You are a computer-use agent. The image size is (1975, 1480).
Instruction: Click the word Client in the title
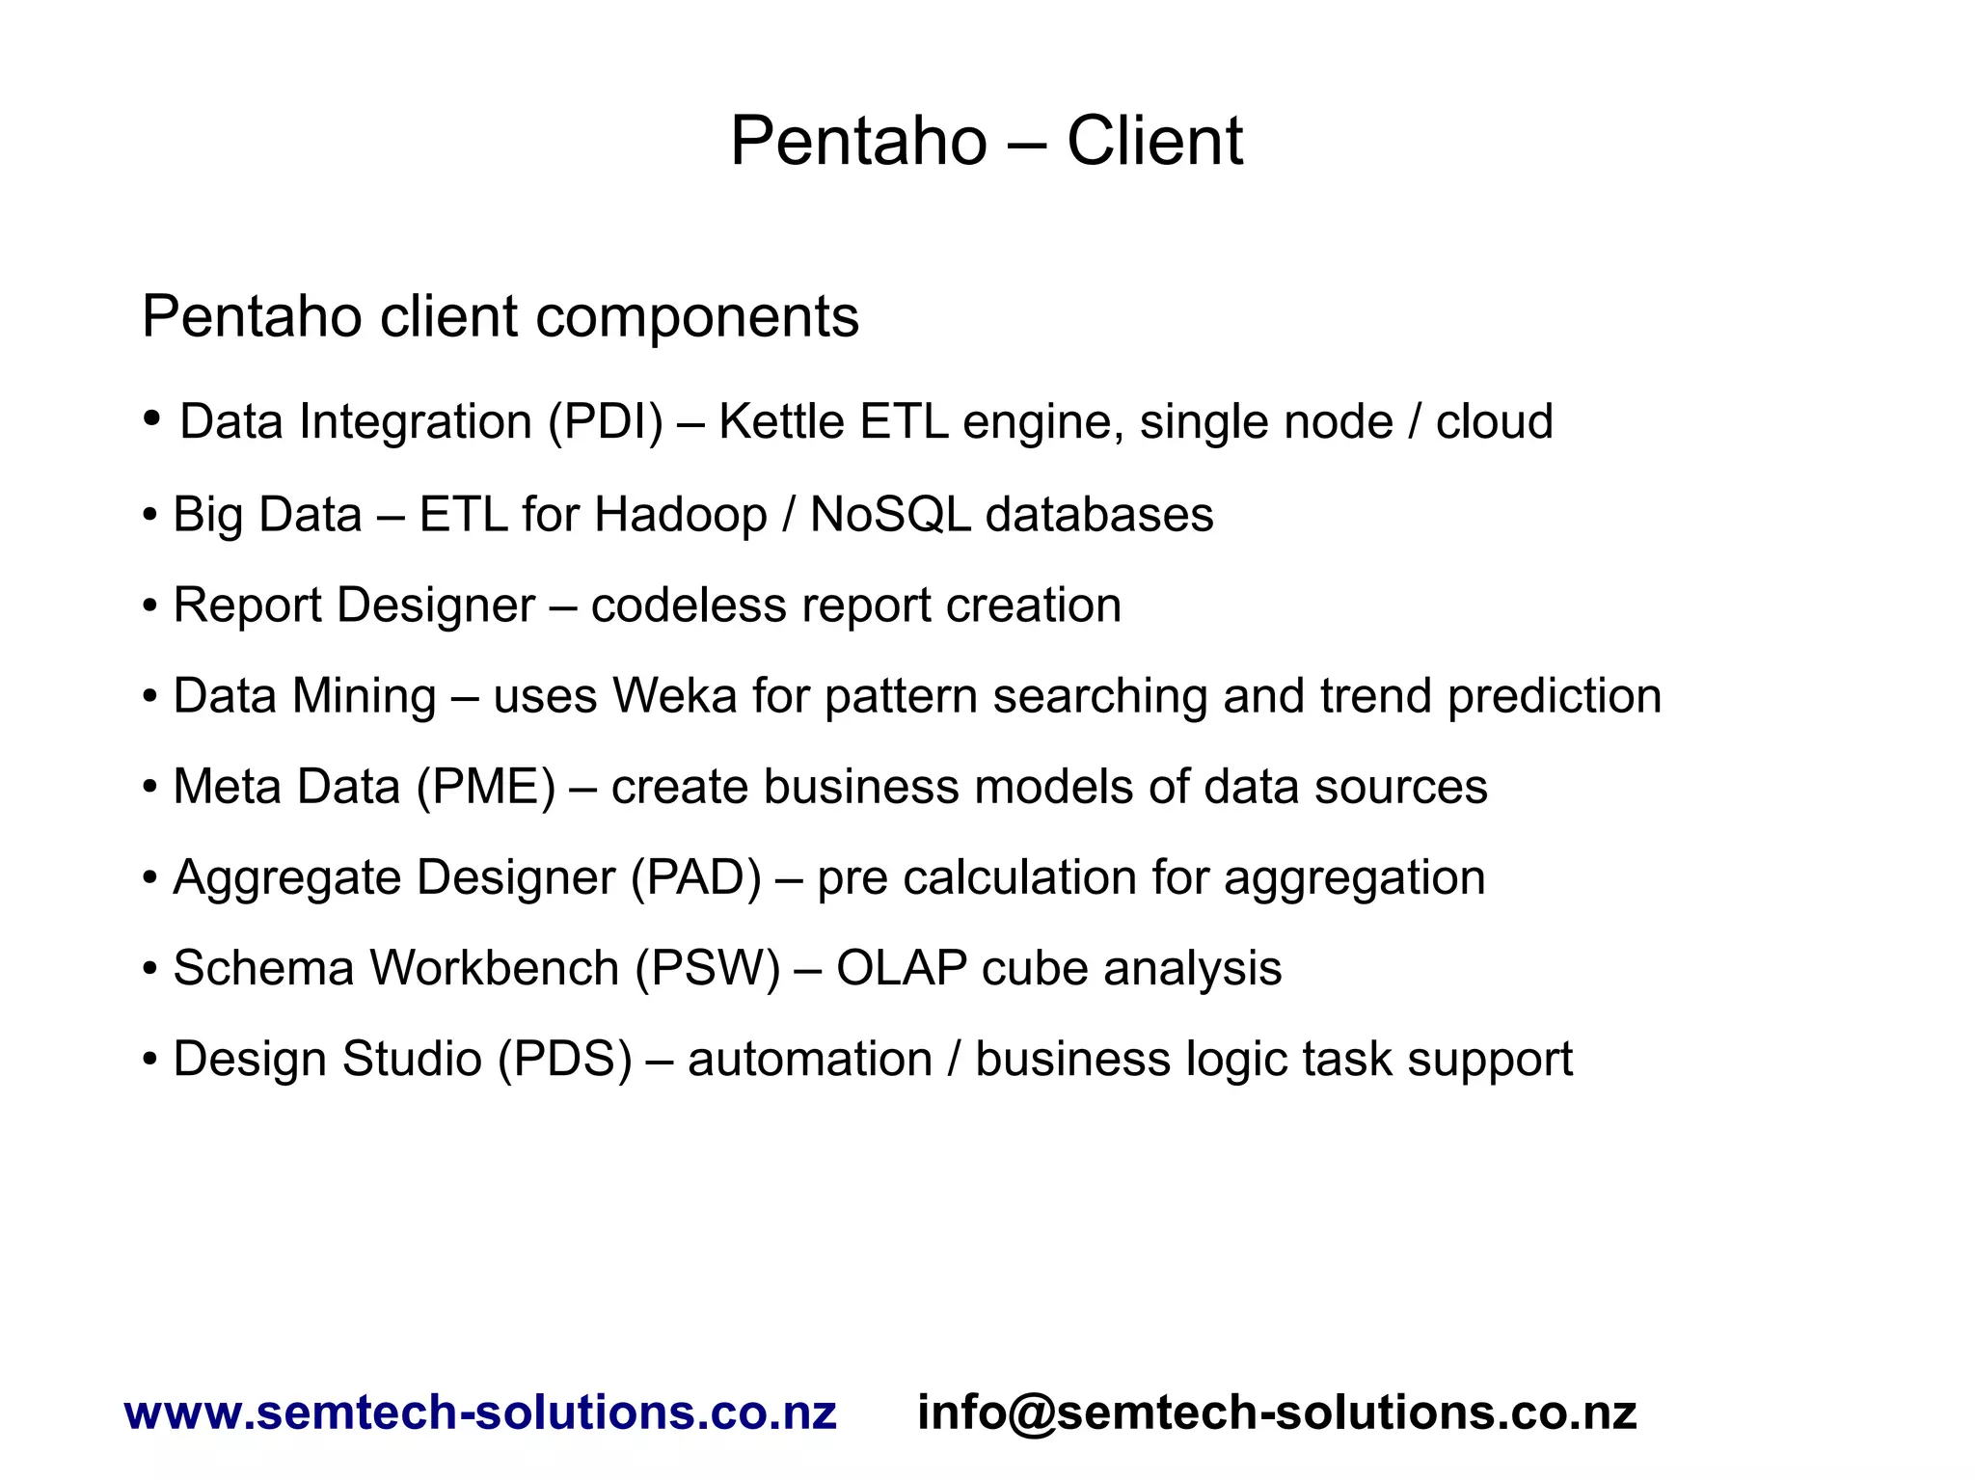(x=1154, y=142)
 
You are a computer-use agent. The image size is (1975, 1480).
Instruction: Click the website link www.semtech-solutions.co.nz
(x=480, y=1413)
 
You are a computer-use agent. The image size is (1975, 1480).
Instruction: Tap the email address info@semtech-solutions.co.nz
(x=1277, y=1413)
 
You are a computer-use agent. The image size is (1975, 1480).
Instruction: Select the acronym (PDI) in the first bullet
(x=606, y=422)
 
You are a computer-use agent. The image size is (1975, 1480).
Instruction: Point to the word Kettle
(x=781, y=422)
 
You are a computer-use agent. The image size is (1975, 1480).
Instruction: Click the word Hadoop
(x=680, y=514)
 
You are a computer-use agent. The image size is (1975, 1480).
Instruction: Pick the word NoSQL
(x=890, y=514)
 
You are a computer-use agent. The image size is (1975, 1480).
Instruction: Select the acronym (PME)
(x=486, y=787)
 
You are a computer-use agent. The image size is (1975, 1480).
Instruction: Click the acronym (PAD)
(x=696, y=878)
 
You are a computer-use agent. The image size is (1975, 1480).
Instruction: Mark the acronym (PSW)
(x=708, y=969)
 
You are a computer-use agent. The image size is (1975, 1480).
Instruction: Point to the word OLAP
(x=902, y=969)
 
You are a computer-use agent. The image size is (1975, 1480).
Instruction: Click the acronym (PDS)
(x=565, y=1060)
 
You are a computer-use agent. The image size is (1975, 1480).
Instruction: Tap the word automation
(x=810, y=1060)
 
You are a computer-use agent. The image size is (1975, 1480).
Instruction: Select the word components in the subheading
(x=696, y=317)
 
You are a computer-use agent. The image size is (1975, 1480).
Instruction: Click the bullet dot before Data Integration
(x=151, y=418)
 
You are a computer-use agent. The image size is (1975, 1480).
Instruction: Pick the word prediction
(x=1555, y=696)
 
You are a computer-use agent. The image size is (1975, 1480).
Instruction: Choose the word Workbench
(x=494, y=969)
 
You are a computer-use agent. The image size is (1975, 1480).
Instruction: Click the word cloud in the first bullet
(x=1494, y=422)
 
